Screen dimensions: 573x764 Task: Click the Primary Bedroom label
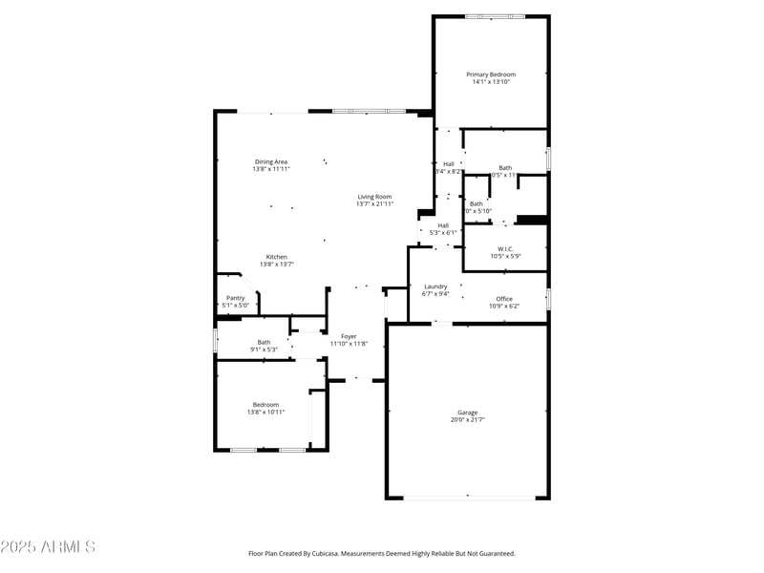tap(491, 74)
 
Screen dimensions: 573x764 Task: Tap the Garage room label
tap(467, 413)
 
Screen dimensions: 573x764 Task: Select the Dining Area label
tap(271, 161)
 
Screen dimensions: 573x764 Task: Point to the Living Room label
tap(374, 197)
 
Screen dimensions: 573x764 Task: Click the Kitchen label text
tap(276, 257)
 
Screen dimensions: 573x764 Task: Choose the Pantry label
tap(236, 298)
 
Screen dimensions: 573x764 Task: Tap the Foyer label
tap(350, 336)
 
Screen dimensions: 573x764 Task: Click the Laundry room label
tap(435, 286)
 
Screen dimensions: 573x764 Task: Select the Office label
tap(504, 299)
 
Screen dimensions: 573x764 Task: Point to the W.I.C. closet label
tap(505, 249)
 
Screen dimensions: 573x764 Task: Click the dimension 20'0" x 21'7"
tap(467, 420)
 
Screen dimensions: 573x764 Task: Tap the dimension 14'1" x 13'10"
tap(491, 82)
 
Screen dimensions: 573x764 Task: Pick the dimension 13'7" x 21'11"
tap(374, 204)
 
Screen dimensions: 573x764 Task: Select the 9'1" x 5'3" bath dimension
tap(264, 350)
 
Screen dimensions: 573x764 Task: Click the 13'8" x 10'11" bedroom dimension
tap(265, 412)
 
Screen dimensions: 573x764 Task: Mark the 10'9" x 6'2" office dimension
tap(504, 307)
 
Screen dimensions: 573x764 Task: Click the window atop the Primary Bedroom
tap(494, 16)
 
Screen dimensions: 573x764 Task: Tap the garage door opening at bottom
tap(468, 497)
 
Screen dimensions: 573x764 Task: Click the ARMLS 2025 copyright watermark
tap(48, 547)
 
